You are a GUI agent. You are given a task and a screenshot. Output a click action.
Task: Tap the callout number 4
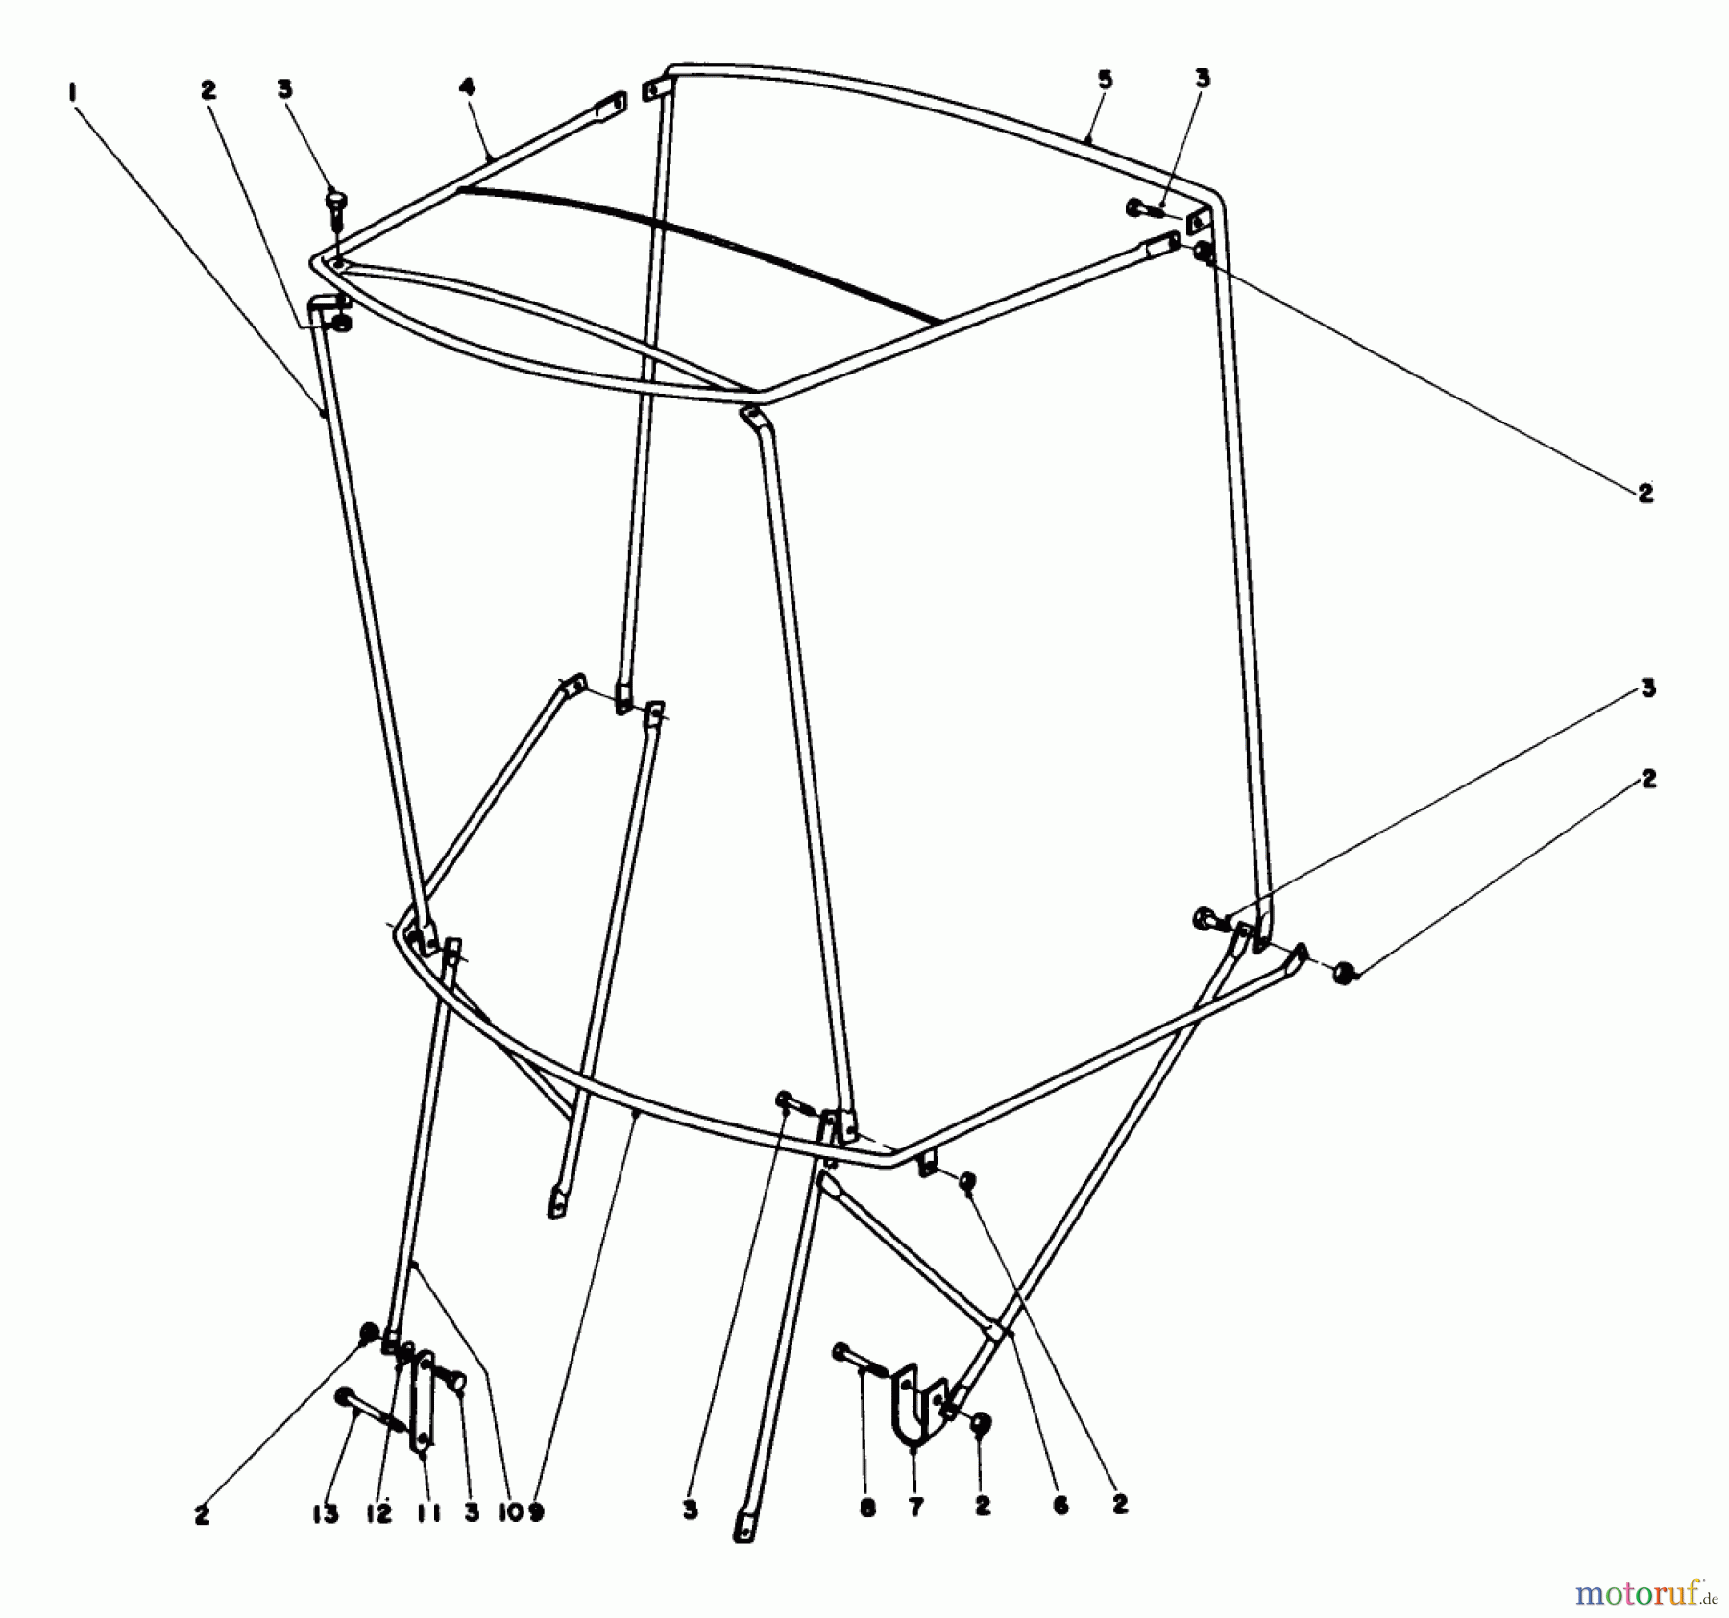(467, 87)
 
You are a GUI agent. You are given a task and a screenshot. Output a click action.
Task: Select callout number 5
(1105, 80)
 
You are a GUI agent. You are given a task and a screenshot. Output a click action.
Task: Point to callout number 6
(1060, 1507)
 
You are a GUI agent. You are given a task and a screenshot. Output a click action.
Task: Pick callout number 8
(867, 1509)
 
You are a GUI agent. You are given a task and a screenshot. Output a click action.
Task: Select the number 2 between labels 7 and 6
(982, 1508)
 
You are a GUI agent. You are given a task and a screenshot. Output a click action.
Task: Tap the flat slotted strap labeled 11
(422, 1401)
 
